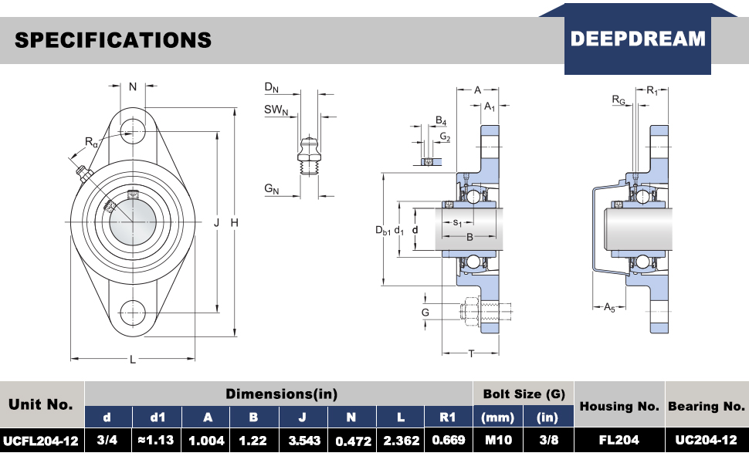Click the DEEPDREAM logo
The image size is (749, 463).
(638, 39)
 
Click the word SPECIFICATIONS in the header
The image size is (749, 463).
(113, 40)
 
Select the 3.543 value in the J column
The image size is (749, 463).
(303, 441)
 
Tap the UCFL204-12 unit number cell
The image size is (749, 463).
(41, 441)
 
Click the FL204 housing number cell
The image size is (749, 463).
(619, 441)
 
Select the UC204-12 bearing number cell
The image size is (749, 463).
(707, 441)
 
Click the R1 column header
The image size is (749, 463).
(448, 417)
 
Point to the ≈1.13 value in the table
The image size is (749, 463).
(158, 441)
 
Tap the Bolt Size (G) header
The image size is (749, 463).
(523, 394)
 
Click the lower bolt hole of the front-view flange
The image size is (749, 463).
(133, 313)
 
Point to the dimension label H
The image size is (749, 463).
(235, 223)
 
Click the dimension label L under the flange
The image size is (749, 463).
(133, 360)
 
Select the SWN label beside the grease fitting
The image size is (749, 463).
(276, 110)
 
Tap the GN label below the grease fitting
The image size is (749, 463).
(271, 188)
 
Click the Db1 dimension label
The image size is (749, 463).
(382, 230)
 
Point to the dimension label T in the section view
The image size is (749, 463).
(471, 353)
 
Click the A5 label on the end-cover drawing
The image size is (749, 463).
(608, 307)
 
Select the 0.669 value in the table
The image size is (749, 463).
(448, 441)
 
